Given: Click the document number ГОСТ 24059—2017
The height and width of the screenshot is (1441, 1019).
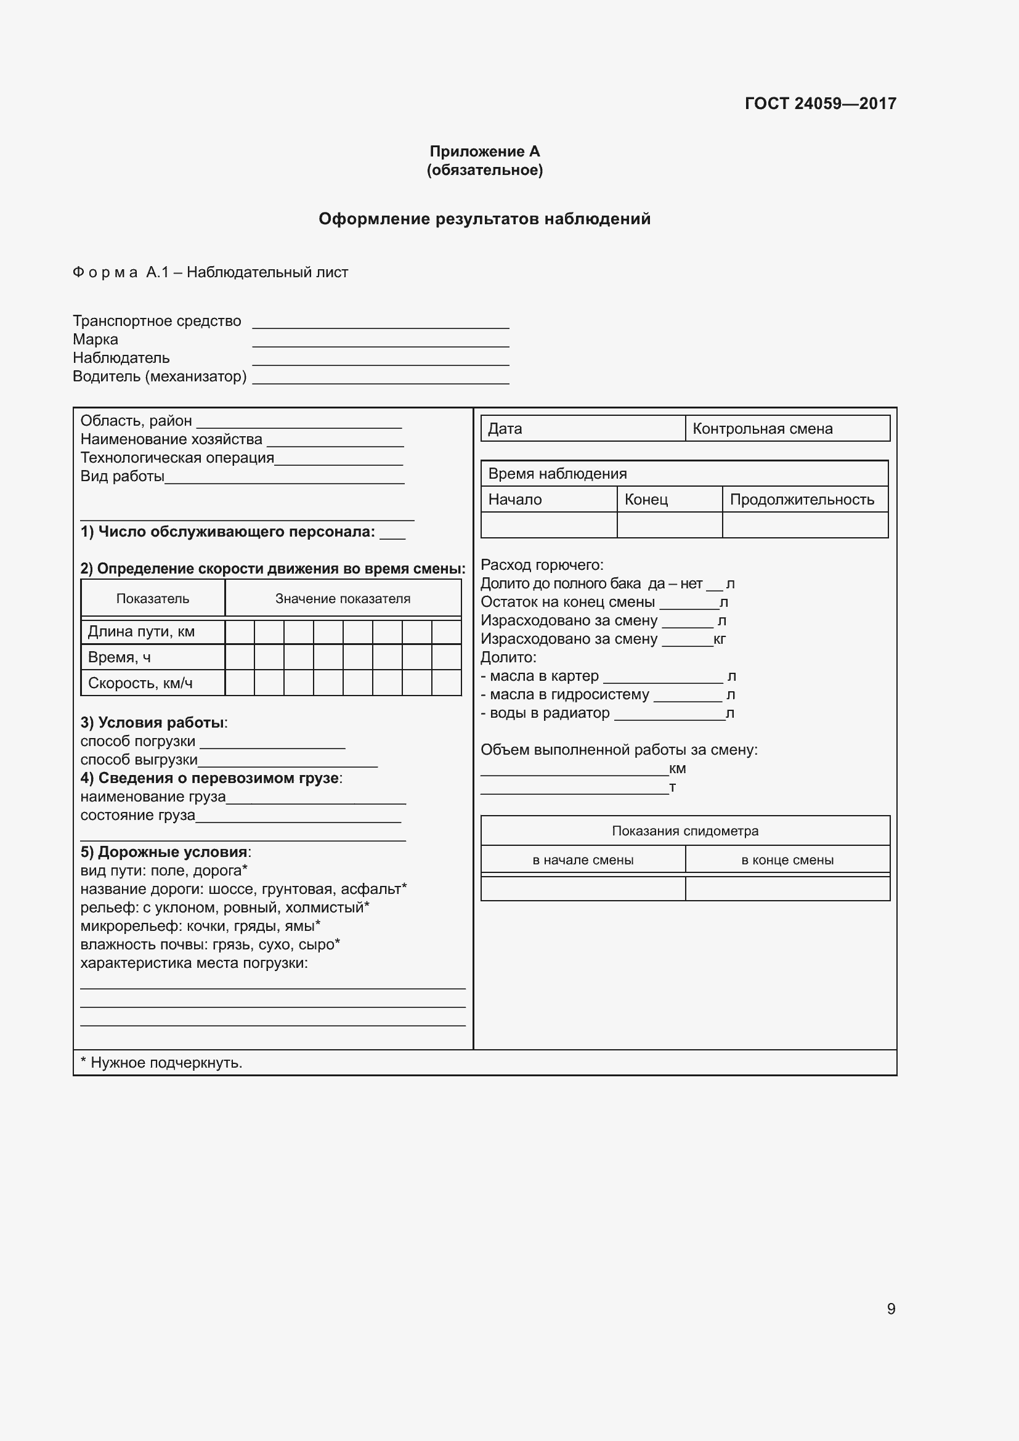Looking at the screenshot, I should coord(820,104).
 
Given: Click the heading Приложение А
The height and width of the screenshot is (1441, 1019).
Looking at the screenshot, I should coord(484,152).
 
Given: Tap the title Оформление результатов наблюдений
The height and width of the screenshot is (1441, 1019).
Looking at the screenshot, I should coord(484,219).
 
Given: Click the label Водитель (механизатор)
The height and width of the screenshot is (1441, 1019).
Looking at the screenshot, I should coord(160,376).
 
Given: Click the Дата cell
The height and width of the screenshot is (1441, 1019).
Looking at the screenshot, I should coord(582,429).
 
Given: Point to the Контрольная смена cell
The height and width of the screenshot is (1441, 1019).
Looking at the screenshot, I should coord(787,429).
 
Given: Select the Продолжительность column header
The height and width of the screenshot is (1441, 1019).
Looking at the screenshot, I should coord(805,500).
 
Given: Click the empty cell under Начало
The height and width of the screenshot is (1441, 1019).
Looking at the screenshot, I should coord(548,525).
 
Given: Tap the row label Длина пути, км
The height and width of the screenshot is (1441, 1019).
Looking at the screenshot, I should coord(141,631).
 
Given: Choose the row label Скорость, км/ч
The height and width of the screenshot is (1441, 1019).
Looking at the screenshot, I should coord(140,683).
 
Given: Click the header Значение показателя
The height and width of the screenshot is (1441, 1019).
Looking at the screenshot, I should coord(343,599).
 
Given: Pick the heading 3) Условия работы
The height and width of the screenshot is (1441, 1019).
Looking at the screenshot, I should coord(154,723).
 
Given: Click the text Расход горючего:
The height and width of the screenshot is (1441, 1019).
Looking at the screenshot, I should coord(542,565).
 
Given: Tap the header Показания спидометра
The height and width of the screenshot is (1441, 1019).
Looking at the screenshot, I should coord(685,831).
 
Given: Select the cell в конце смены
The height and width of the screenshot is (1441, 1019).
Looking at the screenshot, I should coord(787,860).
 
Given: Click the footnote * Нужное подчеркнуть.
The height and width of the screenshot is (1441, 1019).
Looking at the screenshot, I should coord(161,1063).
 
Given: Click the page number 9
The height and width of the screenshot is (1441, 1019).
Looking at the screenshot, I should coord(891,1309).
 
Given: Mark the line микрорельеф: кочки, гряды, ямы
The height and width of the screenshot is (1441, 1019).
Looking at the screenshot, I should coord(200,926).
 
